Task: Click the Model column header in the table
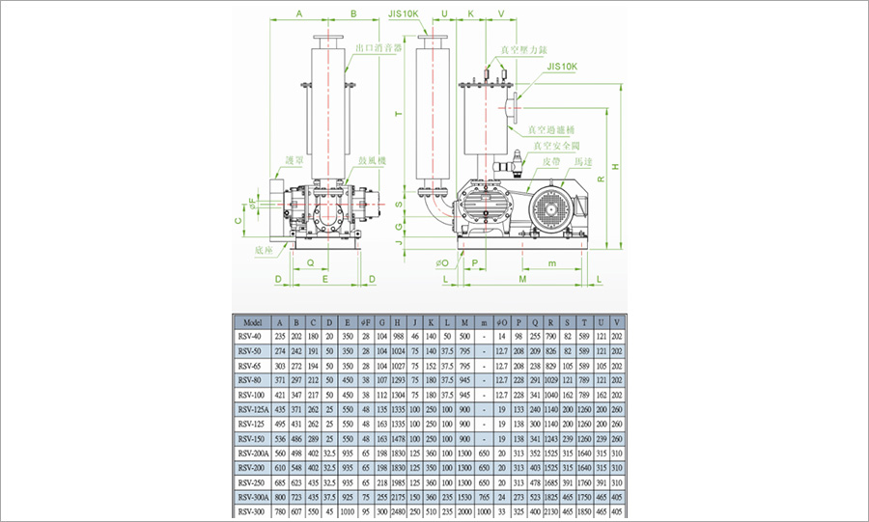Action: pos(253,322)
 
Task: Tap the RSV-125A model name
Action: pos(253,409)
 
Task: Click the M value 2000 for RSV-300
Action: pos(465,510)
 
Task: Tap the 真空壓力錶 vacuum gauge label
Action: pos(524,49)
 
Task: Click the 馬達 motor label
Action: pos(583,161)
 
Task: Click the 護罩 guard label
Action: pos(281,160)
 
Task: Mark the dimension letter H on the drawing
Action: pos(615,165)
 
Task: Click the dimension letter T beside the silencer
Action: pos(398,115)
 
